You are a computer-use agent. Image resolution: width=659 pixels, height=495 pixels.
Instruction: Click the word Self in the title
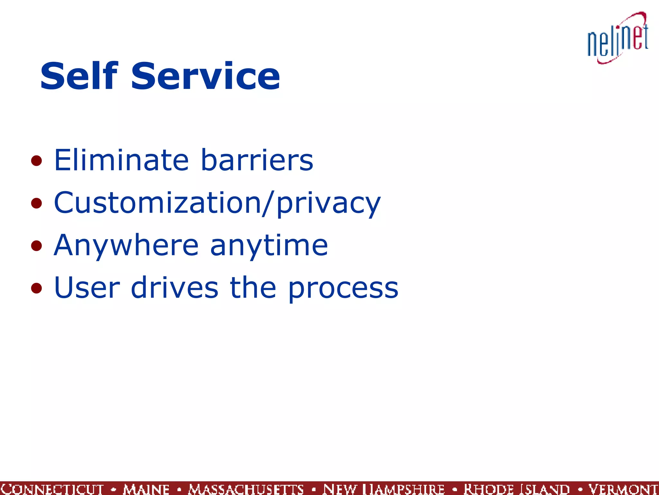click(79, 76)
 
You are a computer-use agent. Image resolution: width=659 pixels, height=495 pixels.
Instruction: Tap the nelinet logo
click(617, 38)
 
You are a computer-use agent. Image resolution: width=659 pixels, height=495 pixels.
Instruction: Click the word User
click(87, 287)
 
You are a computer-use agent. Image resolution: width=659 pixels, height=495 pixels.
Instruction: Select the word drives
click(175, 287)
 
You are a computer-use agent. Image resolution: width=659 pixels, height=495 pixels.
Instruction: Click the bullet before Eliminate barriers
click(36, 161)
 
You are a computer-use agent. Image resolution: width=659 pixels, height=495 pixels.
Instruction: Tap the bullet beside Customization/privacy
click(36, 203)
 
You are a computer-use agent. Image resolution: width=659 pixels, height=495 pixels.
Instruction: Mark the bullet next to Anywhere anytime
click(36, 246)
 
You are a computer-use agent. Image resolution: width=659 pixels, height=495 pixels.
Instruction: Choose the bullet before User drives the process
click(36, 288)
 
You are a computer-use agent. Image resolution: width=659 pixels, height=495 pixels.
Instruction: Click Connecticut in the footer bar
click(52, 489)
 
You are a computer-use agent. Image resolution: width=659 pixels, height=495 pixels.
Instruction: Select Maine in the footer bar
click(146, 489)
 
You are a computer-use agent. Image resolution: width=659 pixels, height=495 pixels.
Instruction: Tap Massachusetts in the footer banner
click(246, 489)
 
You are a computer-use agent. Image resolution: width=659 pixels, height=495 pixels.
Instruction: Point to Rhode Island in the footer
click(516, 489)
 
